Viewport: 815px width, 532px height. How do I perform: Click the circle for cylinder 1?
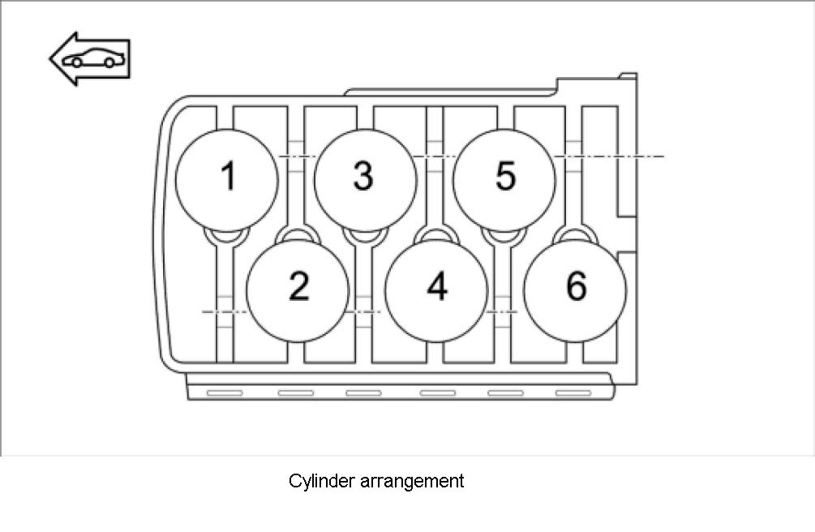(228, 176)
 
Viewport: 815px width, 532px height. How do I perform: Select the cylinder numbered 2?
(298, 285)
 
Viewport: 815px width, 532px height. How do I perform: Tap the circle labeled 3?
(365, 176)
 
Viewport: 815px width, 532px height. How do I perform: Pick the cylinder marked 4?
(436, 285)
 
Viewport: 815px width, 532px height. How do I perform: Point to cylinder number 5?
(504, 176)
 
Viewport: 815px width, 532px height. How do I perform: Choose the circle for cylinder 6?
(575, 285)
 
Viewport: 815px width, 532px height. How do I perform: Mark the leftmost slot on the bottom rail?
(225, 393)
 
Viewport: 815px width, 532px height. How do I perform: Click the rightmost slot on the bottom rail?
(572, 393)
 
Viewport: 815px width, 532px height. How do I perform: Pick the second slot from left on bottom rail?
(295, 393)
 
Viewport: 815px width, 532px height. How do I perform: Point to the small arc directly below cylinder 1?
(226, 237)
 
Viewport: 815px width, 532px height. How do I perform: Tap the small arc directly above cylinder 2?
(298, 234)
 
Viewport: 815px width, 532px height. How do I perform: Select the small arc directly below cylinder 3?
(366, 237)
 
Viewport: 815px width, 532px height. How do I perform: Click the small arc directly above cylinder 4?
(436, 234)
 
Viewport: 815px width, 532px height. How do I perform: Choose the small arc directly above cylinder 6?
(576, 234)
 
